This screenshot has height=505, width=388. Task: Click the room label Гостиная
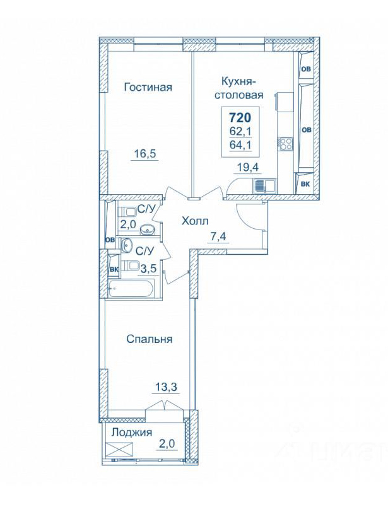pos(148,87)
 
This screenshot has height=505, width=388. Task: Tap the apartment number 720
pos(240,117)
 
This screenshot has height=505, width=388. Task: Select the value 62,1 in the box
pos(240,131)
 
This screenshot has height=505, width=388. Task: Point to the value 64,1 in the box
pos(240,144)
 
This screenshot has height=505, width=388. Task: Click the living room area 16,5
pos(145,153)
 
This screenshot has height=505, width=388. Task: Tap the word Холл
pos(195,221)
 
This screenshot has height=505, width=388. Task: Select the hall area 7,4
pos(218,236)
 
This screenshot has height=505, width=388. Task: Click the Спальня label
pos(149,339)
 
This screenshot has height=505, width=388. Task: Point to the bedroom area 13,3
pos(165,385)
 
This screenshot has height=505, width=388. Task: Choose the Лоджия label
pos(131,432)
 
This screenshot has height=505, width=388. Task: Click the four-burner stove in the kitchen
pos(286,143)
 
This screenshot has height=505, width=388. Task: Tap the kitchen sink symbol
pos(264,186)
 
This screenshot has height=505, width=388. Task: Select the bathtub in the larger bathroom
pos(132,288)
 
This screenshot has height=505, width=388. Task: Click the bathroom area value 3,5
pos(147,269)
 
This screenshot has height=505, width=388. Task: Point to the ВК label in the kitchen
pos(305,184)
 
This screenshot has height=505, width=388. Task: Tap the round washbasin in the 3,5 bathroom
pos(127,246)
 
